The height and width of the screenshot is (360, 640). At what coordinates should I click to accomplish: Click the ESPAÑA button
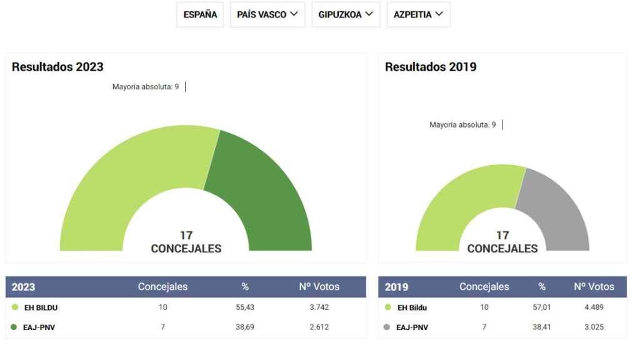point(200,15)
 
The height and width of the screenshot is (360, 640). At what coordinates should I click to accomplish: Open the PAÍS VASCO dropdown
point(267,15)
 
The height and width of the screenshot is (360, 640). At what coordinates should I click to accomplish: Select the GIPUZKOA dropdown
point(346,15)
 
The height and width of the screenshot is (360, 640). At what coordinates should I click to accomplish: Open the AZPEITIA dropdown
point(418,15)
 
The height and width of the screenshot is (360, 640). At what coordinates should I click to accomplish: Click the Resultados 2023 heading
point(57,67)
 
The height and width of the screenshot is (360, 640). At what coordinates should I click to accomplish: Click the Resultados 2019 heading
point(431,67)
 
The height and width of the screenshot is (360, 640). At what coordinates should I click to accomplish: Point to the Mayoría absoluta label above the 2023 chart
point(145,87)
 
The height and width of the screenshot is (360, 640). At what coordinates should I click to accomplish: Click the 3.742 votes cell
point(319,307)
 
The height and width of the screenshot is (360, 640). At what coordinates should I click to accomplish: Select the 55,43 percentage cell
point(245,307)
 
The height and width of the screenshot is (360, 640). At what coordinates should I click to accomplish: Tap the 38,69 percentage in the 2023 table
point(245,327)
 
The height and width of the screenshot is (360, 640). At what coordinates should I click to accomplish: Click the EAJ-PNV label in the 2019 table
point(412,327)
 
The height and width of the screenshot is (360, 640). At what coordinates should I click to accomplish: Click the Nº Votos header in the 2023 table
point(319,287)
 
